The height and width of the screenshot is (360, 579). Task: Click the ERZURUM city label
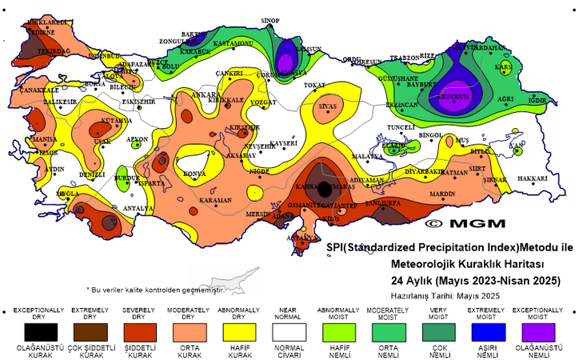[x=456, y=96]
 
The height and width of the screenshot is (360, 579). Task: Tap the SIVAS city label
[x=327, y=106]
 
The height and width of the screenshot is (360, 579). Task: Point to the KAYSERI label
[x=284, y=143]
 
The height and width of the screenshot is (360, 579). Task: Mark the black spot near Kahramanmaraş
[x=324, y=190]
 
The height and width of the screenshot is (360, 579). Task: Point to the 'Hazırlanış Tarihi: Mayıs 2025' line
[x=450, y=294]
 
